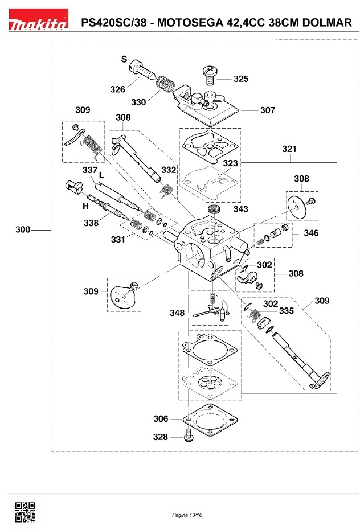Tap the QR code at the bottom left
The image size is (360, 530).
24,512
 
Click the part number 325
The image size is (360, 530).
240,79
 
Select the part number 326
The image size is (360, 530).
117,89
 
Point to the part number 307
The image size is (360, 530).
267,110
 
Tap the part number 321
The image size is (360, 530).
289,149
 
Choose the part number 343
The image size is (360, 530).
240,209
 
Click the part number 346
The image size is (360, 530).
311,233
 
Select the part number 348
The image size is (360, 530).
177,313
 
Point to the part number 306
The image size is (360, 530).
161,419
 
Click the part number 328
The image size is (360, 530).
161,437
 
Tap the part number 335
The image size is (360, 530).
286,311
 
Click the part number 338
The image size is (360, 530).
91,223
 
